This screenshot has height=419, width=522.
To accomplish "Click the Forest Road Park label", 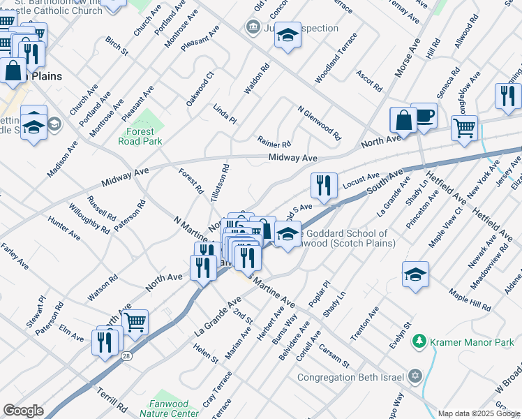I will (x=144, y=136).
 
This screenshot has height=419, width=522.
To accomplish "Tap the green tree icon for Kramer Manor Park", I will (x=419, y=341).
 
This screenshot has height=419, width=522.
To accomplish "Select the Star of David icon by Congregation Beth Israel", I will (x=415, y=377).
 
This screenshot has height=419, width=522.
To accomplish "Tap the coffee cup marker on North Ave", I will (x=424, y=116).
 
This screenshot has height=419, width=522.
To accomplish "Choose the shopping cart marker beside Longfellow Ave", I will (x=463, y=128).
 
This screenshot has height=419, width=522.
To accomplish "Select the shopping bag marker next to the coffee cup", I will (x=403, y=120).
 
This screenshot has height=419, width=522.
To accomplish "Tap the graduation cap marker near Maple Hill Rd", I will (x=415, y=274).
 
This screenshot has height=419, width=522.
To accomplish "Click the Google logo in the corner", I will (x=23, y=410).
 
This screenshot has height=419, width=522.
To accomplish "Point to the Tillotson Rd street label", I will (x=221, y=184).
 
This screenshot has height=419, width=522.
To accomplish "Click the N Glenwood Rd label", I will (x=319, y=123).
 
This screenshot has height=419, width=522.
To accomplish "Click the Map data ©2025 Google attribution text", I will (x=479, y=413).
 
